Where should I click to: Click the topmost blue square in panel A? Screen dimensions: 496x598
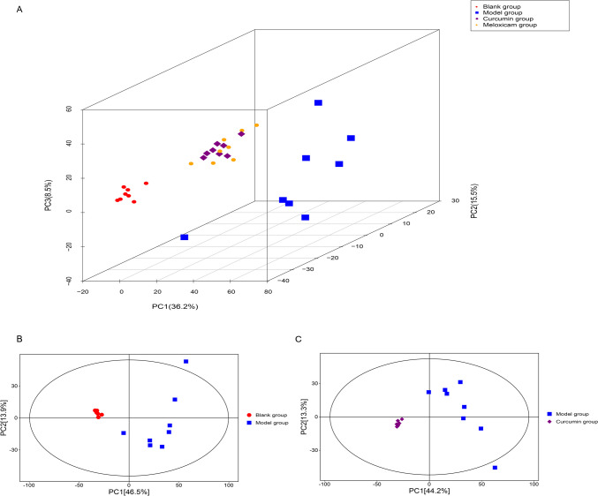coord(318,103)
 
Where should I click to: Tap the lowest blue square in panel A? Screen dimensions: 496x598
coord(185,237)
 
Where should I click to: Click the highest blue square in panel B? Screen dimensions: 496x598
coord(185,362)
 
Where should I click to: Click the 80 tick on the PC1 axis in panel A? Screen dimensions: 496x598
coord(268,291)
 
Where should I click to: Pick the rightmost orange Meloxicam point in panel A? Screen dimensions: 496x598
coord(257,125)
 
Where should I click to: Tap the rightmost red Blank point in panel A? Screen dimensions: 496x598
coord(146,184)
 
